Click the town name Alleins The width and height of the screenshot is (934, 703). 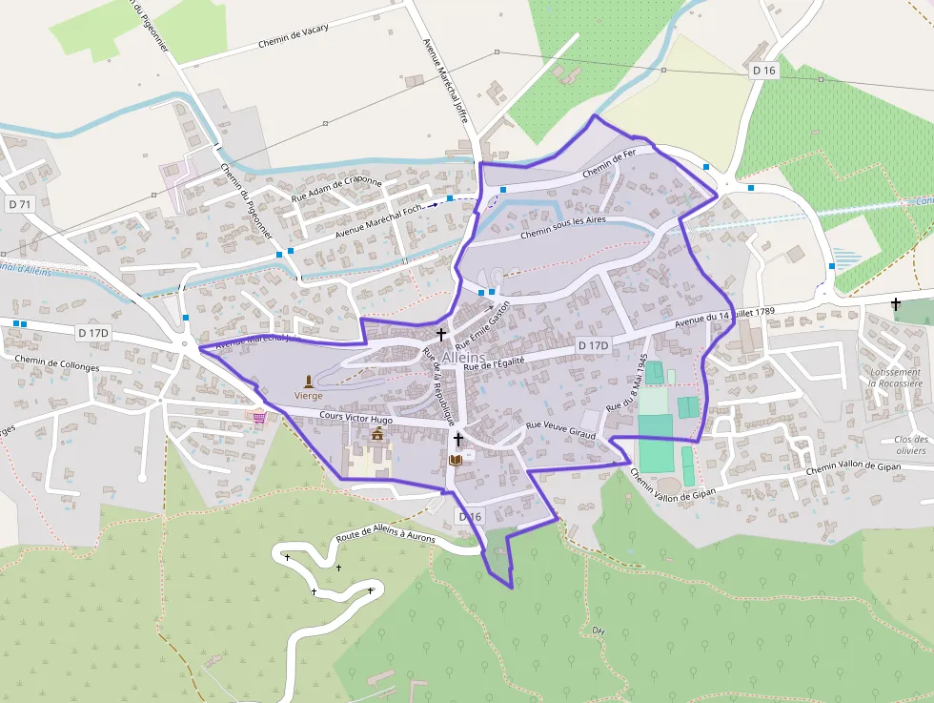point(463,358)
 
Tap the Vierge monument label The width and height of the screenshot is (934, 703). point(308,395)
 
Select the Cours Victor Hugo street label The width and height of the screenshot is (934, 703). point(356,417)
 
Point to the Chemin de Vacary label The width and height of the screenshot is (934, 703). point(293,37)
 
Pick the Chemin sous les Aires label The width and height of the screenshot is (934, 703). point(562,227)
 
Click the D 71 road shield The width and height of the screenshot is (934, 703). point(19,204)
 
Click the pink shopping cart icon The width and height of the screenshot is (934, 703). point(259,416)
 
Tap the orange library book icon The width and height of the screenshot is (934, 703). point(456,460)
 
